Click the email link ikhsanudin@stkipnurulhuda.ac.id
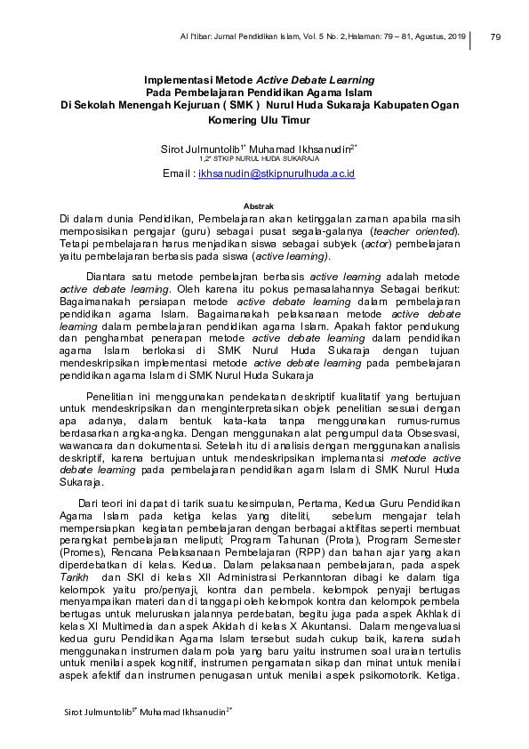pos(277,173)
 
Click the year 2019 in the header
pos(456,36)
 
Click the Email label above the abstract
pos(178,173)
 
